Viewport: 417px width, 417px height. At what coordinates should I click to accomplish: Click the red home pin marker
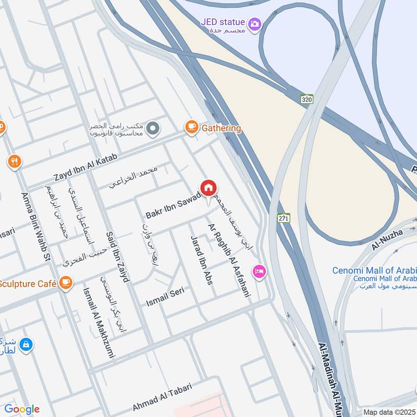point(208,189)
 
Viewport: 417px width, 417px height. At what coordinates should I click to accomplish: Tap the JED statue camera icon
point(255,23)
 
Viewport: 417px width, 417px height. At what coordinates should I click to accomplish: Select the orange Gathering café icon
point(192,127)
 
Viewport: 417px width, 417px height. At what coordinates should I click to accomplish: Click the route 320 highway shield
point(306,99)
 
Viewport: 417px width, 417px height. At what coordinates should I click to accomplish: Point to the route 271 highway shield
point(283,219)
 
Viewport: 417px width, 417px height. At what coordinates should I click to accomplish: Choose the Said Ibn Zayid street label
point(117,257)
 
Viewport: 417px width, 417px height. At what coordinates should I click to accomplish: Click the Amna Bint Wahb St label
point(36,227)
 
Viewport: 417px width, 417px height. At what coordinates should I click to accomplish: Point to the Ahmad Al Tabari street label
point(162,396)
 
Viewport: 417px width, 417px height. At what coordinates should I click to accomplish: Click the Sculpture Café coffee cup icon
point(65,283)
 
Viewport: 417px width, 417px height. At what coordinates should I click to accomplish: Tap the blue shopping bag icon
point(27,345)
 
